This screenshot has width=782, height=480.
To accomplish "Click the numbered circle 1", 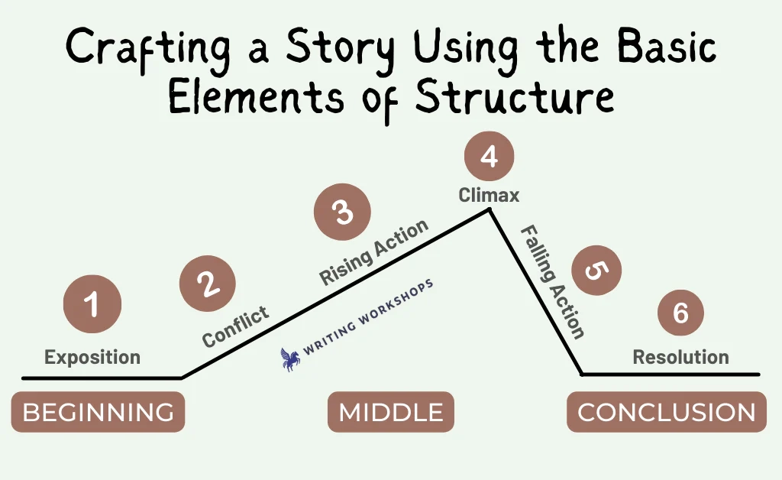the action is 92,304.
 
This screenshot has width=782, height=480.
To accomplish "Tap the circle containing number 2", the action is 208,284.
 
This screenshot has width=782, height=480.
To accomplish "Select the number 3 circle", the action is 342,212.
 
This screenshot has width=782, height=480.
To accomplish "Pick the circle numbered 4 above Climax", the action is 489,156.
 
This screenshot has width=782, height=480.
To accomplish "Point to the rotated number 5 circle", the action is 596,271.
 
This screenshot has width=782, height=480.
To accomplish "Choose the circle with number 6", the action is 680,313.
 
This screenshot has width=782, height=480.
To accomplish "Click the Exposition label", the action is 92,357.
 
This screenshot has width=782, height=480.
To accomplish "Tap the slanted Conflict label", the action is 235,326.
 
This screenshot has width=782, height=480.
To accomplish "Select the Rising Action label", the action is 373,251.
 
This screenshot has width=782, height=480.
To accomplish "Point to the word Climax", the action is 489,195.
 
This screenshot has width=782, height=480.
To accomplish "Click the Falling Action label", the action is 553,282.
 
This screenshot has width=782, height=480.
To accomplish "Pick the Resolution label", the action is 680,357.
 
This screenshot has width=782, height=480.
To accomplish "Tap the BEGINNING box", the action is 99,412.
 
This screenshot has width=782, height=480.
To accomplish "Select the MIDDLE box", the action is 391,412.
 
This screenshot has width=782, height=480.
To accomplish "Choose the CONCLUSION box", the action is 666,412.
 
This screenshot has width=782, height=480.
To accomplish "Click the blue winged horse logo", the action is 290,359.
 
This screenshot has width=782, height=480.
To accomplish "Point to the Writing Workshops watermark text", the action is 368,318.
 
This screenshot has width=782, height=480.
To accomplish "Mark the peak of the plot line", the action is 490,210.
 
